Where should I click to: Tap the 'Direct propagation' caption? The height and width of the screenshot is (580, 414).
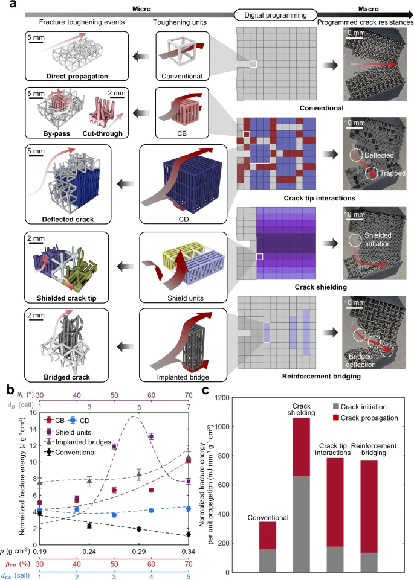pos(80,77)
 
